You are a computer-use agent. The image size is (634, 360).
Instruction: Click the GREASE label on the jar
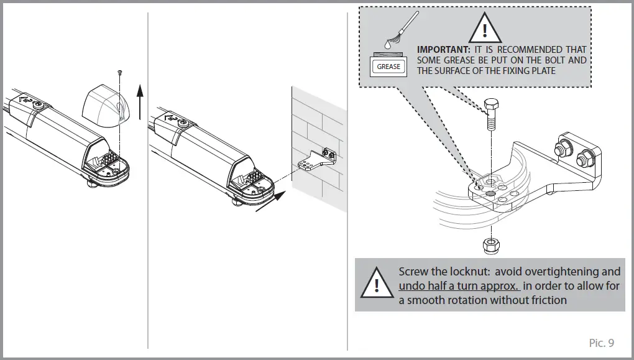tap(388, 67)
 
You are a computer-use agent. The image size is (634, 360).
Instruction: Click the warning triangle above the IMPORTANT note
tap(485, 28)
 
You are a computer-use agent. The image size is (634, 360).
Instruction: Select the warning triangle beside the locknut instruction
tap(375, 284)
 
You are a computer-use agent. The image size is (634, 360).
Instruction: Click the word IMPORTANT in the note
tap(444, 50)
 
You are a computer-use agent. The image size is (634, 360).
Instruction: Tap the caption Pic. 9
tap(601, 343)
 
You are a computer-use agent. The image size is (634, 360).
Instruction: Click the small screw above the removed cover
tap(119, 73)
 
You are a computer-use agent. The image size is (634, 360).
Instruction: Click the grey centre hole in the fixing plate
tap(490, 193)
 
